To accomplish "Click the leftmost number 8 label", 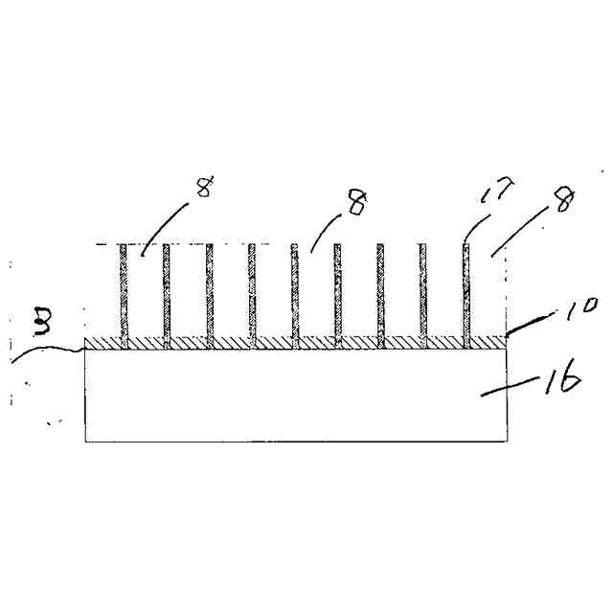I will (204, 187).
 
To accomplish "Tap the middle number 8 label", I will (356, 203).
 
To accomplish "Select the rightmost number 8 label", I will (565, 202).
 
